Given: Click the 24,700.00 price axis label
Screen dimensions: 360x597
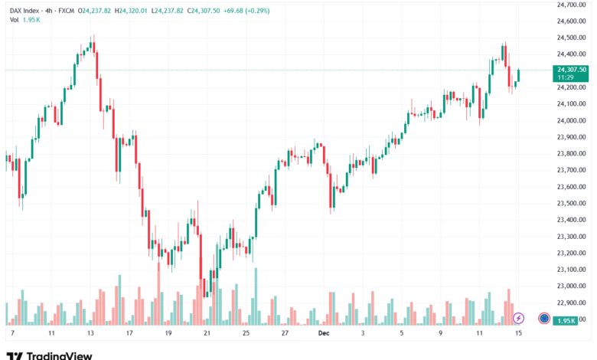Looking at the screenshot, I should tap(571, 5).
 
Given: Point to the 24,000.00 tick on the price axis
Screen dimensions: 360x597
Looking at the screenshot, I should tap(571, 120).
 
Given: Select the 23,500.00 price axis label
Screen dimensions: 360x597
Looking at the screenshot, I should tap(571, 203).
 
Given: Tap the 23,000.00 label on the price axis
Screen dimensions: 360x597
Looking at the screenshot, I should tap(571, 286).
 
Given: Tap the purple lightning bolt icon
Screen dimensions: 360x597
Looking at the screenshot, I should tap(518, 318).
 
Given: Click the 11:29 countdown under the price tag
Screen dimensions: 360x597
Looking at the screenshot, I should tap(565, 77).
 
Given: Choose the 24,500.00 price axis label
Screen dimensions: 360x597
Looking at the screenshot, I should tap(571, 38).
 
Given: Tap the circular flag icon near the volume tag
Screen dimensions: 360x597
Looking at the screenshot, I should tap(543, 318).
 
